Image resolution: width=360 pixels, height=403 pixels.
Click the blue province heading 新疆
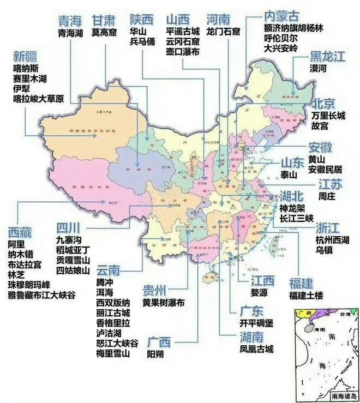[x=26, y=56]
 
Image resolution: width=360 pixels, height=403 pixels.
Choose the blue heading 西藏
[x=20, y=232]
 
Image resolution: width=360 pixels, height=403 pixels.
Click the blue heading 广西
[x=161, y=342]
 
